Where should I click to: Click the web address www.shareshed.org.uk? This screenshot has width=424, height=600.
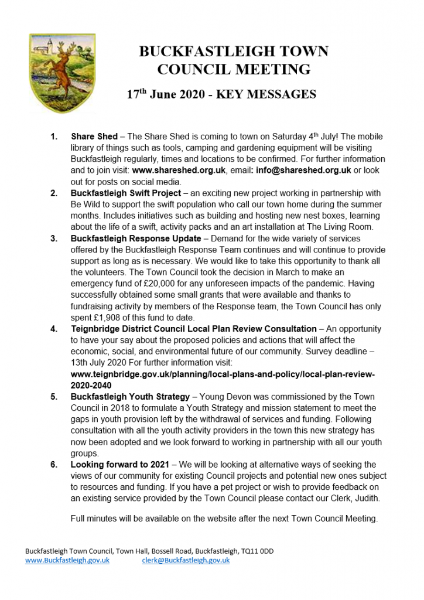tap(179, 171)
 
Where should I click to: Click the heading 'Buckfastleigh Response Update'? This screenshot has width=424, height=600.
tap(136, 238)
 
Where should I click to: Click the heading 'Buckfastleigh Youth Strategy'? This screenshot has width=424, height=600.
tap(130, 396)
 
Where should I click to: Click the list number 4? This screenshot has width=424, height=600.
tap(53, 329)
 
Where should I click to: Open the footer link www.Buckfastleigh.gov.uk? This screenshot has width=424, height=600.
tap(67, 560)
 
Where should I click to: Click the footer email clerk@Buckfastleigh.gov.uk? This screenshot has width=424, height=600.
tap(186, 560)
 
